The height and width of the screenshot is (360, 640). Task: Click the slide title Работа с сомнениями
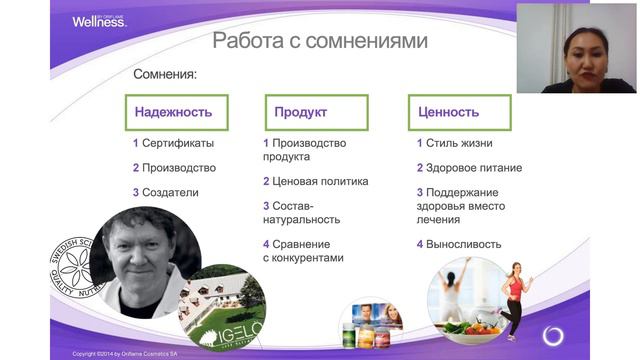[320, 41]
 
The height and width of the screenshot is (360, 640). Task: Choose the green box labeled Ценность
[449, 112]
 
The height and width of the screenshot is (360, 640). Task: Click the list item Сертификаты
[177, 143]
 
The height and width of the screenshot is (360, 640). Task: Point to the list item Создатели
[170, 192]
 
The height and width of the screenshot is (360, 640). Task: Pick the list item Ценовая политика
[315, 182]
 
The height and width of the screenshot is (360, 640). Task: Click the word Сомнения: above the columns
[165, 75]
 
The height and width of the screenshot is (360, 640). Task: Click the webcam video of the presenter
[577, 47]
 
